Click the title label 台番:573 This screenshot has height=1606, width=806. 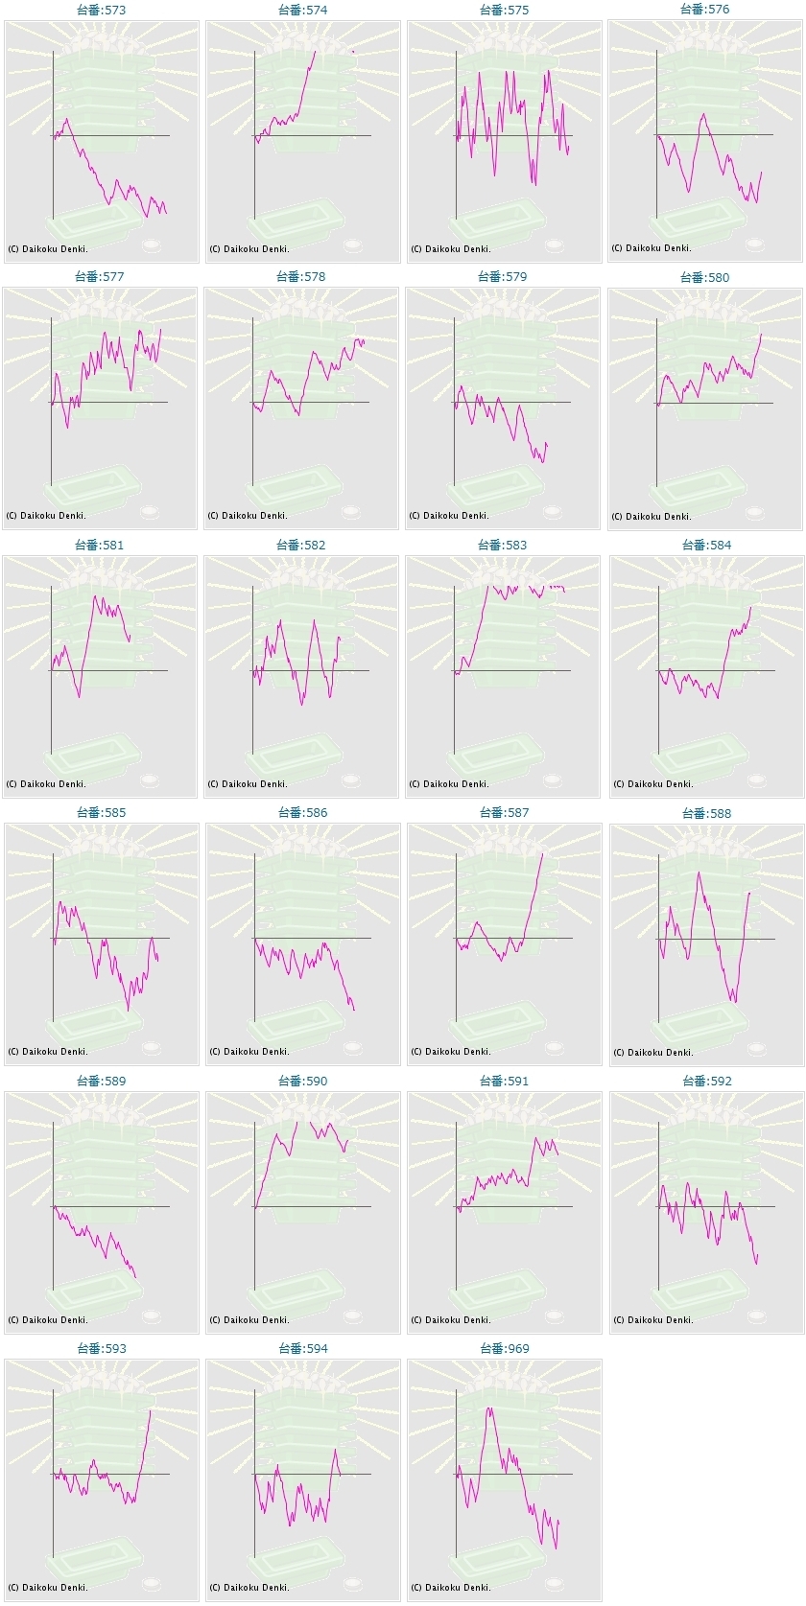pos(101,10)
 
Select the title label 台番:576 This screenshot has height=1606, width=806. pos(704,9)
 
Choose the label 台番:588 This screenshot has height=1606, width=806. pos(705,813)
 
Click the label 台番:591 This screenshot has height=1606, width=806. pos(504,1081)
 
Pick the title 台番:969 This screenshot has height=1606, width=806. pos(504,1348)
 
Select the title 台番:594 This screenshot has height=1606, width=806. pos(302,1348)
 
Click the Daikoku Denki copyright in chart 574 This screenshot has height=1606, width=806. pos(249,249)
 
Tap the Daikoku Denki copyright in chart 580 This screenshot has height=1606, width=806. pos(652,517)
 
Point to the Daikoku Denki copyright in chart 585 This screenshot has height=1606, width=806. pos(48,1052)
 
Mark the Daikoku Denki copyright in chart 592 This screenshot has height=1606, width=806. pos(653,1320)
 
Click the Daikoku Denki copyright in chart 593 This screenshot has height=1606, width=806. pos(48,1588)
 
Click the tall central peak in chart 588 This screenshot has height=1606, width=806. pos(699,872)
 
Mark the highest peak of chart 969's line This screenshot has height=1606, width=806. pos(489,1408)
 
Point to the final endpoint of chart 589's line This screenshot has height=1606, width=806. pos(136,1277)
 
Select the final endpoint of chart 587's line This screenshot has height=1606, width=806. pos(542,853)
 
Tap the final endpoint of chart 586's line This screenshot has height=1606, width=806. pos(354,1010)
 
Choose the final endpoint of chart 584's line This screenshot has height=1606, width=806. pos(751,607)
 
